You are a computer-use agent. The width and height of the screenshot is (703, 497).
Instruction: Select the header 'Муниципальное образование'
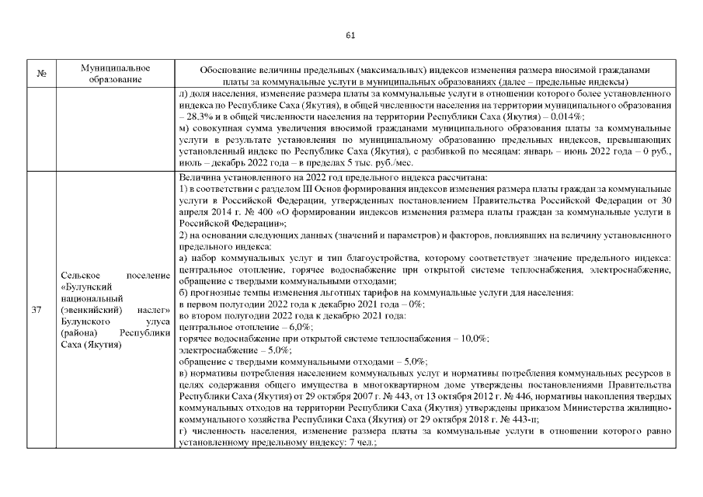(x=115, y=75)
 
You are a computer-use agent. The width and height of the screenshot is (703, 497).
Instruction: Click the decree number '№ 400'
(x=261, y=211)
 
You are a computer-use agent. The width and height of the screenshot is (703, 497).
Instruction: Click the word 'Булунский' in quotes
(x=85, y=287)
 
